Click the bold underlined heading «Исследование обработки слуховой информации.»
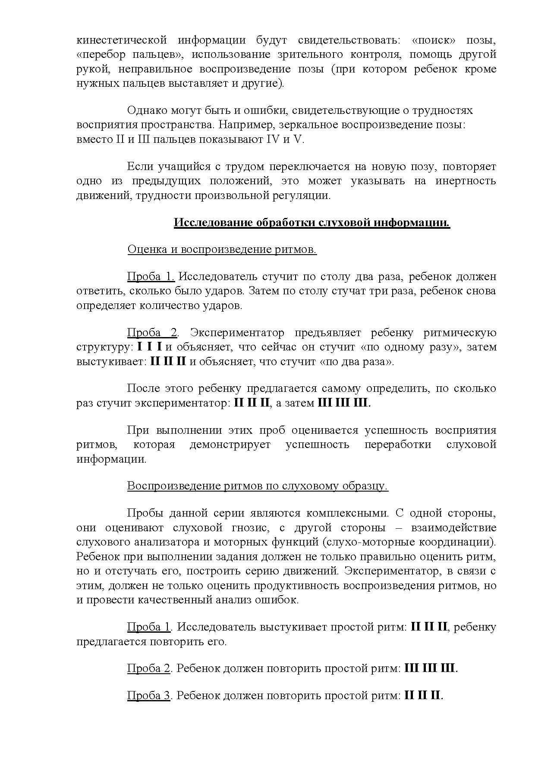pyautogui.click(x=312, y=223)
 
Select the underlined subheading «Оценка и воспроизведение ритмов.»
pyautogui.click(x=222, y=249)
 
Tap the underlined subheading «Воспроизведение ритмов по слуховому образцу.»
pyautogui.click(x=258, y=486)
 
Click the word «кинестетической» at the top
pyautogui.click(x=121, y=41)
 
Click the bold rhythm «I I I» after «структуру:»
pyautogui.click(x=150, y=347)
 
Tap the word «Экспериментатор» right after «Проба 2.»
pyautogui.click(x=237, y=333)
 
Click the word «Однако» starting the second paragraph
pyautogui.click(x=147, y=110)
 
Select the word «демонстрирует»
pyautogui.click(x=230, y=445)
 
